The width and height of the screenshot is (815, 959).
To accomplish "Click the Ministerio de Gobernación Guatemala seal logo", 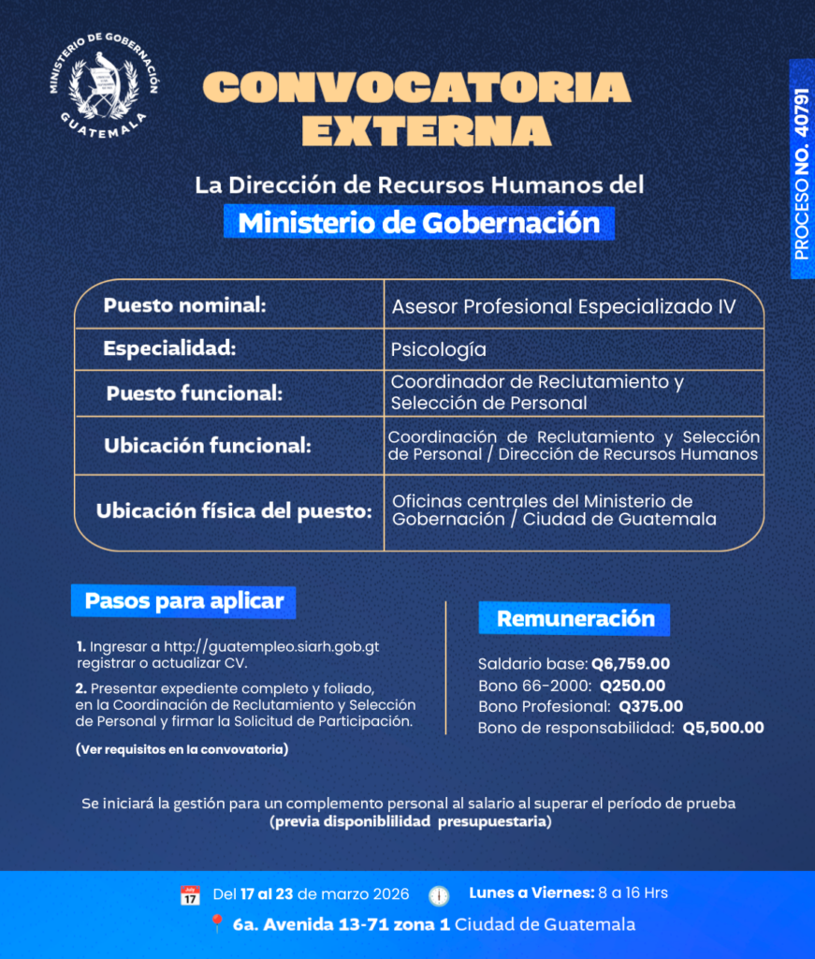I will [x=104, y=83].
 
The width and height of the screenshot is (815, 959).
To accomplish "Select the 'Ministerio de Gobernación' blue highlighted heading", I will [x=418, y=223].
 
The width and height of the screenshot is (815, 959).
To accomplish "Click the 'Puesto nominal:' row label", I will [x=185, y=305].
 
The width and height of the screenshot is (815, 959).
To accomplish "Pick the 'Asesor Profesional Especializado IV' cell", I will [x=563, y=306].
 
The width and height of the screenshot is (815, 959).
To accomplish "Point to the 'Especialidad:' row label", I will [x=169, y=348].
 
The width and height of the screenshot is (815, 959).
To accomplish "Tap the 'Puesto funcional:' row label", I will [x=194, y=393].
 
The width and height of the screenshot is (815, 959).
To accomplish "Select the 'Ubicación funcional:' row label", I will [x=207, y=446].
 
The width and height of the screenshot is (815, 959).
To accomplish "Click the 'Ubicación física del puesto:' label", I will [x=234, y=512].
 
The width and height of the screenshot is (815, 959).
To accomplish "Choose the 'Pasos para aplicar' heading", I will [x=183, y=600].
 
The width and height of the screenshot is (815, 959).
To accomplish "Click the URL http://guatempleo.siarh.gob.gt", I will [x=271, y=647].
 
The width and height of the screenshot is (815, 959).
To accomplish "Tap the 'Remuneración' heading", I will [x=575, y=619].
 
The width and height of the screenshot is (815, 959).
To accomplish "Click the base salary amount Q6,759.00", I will [x=631, y=664].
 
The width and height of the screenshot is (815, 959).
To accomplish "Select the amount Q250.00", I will [x=633, y=686].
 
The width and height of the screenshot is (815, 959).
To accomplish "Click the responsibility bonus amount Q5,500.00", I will [x=723, y=728].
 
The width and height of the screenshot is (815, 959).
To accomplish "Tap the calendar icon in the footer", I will [x=190, y=894].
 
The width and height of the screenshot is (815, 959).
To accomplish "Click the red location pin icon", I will [x=216, y=924].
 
